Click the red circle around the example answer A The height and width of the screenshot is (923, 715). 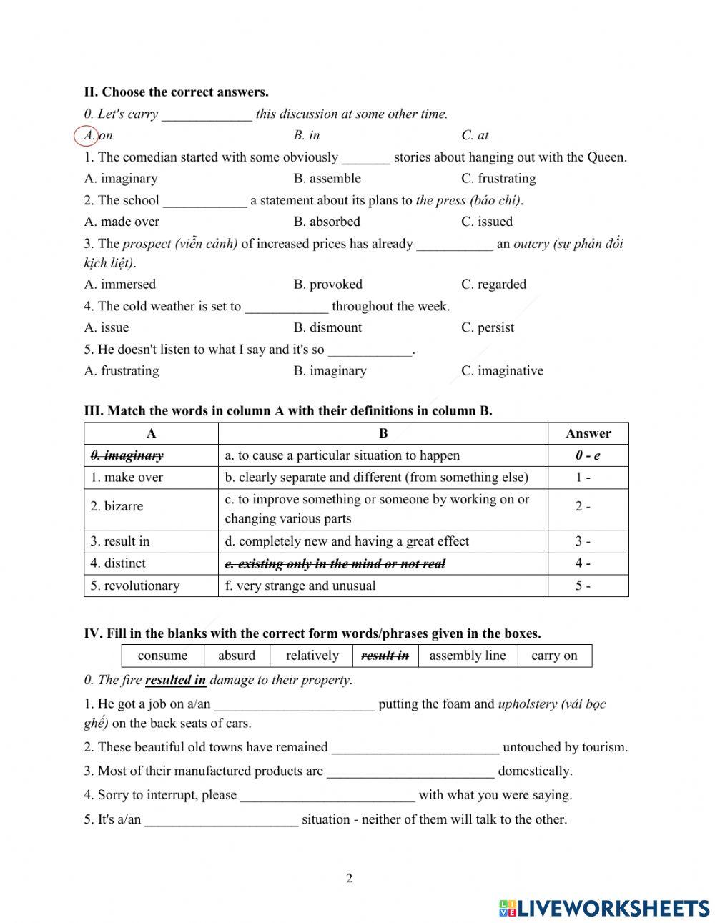(86, 135)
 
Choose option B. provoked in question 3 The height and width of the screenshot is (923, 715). (327, 285)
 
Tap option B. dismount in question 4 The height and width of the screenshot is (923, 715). (327, 327)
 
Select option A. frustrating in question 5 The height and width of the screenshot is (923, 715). (122, 370)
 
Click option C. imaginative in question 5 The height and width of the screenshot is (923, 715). (502, 370)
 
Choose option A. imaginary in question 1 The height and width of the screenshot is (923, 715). (121, 179)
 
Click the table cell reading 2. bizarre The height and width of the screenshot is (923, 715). (117, 506)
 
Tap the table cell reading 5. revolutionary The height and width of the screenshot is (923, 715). (134, 586)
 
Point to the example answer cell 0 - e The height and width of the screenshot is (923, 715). (588, 455)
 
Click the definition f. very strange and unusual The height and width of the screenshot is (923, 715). (300, 586)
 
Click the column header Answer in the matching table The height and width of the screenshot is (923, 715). (588, 433)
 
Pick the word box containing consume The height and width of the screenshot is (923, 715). (162, 656)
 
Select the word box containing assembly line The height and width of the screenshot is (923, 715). (467, 656)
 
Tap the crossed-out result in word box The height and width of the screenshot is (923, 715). (385, 656)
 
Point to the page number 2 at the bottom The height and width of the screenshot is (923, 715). (349, 879)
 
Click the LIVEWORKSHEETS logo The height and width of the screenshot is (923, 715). (604, 907)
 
